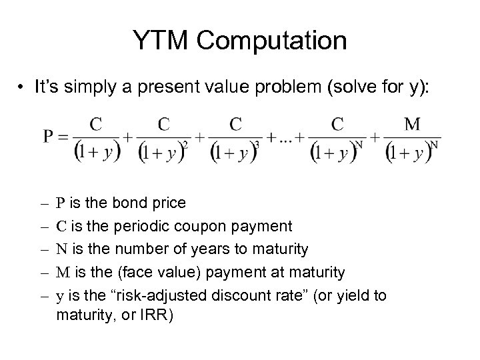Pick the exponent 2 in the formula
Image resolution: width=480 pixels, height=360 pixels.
tap(185, 145)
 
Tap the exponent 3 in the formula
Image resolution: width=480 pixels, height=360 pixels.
tap(257, 145)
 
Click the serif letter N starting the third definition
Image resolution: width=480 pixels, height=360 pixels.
tap(61, 249)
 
